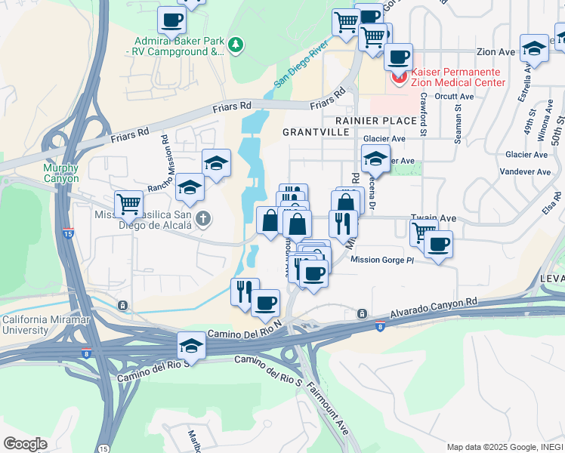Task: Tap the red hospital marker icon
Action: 397,76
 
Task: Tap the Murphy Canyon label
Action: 60,173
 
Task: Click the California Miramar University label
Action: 47,325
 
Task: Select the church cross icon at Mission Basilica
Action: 202,220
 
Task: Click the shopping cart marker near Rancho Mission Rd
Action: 129,203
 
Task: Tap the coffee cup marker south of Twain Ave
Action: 437,244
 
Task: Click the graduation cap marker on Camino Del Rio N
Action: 191,346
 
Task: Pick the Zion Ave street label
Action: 496,52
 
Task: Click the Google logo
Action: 25,444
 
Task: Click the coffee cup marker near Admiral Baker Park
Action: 171,19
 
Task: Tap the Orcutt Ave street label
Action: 455,97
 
